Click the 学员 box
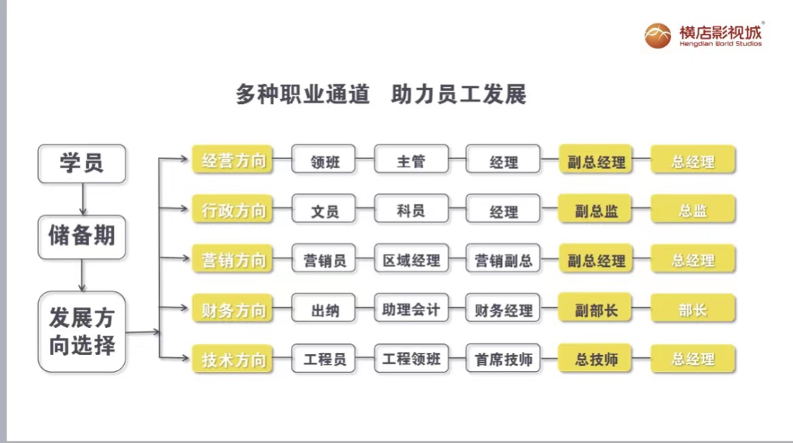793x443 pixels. point(82,163)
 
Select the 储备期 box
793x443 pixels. point(82,235)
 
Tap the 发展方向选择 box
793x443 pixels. point(82,332)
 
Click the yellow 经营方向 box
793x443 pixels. point(233,160)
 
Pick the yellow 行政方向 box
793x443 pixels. point(233,210)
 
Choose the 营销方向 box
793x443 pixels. point(233,260)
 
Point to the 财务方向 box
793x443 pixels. point(233,309)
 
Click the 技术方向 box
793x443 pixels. point(233,359)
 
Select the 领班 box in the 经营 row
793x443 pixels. point(324,161)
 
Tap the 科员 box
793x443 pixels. point(411,210)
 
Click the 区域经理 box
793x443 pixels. point(411,260)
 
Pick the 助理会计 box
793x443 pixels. point(411,309)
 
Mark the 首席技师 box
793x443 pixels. point(503,359)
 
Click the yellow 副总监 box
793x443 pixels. point(595,210)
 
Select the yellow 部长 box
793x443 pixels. point(692,309)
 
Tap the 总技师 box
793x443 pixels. point(595,359)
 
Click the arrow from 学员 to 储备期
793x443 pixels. point(82,199)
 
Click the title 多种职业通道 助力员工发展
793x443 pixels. point(380,95)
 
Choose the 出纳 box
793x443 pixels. point(324,309)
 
